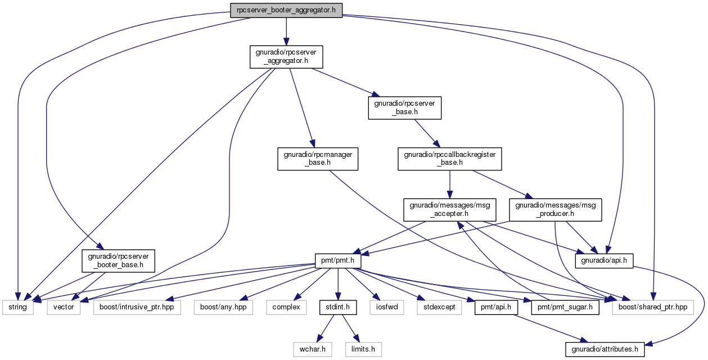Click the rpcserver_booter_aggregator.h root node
coord(286,11)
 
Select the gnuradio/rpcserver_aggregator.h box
coord(286,57)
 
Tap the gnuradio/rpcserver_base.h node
coord(404,108)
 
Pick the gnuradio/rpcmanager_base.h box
coord(318,159)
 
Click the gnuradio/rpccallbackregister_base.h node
coord(449,159)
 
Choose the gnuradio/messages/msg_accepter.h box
coord(449,210)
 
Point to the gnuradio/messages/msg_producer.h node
coord(556,210)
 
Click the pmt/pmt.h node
coord(338,261)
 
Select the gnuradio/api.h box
coord(604,261)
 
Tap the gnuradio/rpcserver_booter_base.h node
coord(118,261)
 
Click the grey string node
coord(17,307)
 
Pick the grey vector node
coord(64,307)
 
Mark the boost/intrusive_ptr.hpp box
coord(137,307)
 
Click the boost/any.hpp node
coord(223,307)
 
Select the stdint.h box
coord(338,307)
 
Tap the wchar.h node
coord(312,349)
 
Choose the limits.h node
coord(363,349)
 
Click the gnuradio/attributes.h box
coord(605,349)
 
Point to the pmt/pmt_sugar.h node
coord(565,307)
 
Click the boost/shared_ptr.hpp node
coord(653,307)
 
